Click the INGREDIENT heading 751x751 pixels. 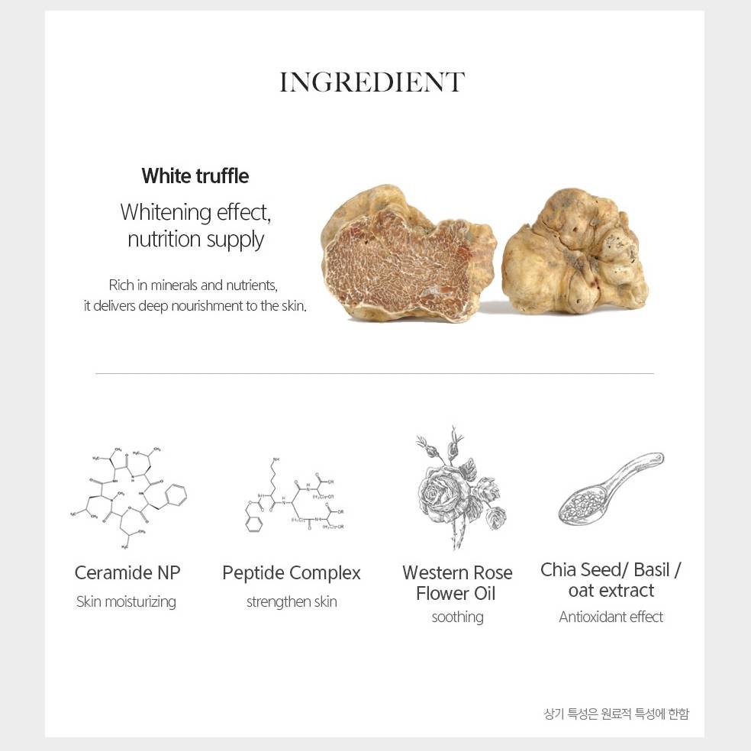(372, 82)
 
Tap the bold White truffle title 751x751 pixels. (195, 176)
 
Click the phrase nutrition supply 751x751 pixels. (195, 240)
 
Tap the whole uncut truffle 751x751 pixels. (575, 252)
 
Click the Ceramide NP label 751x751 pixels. (127, 573)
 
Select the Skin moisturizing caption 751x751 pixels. (126, 601)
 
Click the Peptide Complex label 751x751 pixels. (292, 573)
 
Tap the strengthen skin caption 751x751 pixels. (292, 601)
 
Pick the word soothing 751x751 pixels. (457, 617)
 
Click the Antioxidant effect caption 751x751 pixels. (611, 617)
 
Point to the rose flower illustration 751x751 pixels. (459, 488)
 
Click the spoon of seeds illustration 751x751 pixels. (611, 488)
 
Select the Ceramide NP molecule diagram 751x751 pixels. (128, 498)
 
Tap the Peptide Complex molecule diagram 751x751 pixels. (294, 496)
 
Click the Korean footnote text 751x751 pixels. (617, 714)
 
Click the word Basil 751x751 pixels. (651, 570)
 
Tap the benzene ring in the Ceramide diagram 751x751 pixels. (176, 495)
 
